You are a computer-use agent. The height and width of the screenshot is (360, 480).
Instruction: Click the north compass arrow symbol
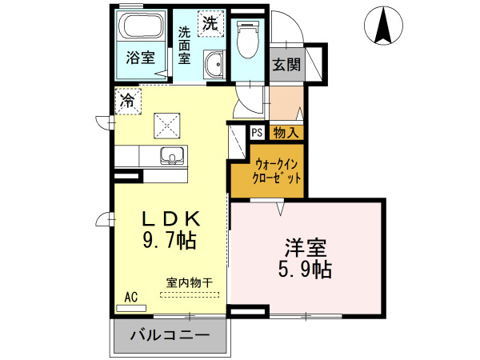pyautogui.click(x=383, y=26)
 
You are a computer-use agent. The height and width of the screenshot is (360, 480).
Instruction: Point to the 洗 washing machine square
pyautogui.click(x=210, y=23)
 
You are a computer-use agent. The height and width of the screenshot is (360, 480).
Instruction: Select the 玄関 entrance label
pyautogui.click(x=286, y=65)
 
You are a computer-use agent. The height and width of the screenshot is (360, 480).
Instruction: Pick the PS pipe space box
pyautogui.click(x=257, y=133)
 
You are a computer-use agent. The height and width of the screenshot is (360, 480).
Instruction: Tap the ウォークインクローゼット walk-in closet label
pyautogui.click(x=277, y=171)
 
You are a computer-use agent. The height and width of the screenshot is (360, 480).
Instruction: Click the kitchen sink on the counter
pyautogui.click(x=171, y=154)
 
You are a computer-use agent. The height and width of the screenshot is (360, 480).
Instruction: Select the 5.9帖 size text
pyautogui.click(x=306, y=269)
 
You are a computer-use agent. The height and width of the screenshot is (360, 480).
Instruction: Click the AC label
pyautogui.click(x=131, y=298)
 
